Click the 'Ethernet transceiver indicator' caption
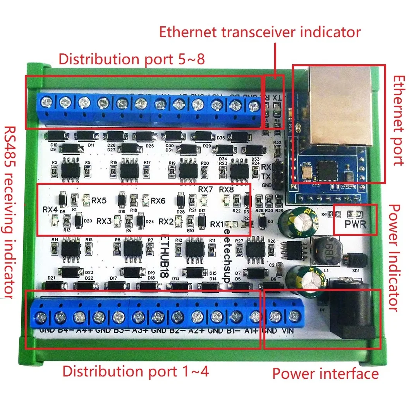click(x=260, y=32)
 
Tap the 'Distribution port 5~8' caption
click(x=131, y=59)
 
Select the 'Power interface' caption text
click(x=325, y=373)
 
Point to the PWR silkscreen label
click(x=355, y=225)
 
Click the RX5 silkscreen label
click(x=100, y=201)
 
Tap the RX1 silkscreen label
click(x=217, y=224)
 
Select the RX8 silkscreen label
click(x=226, y=190)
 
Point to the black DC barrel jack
click(x=351, y=310)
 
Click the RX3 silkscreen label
click(x=104, y=221)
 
